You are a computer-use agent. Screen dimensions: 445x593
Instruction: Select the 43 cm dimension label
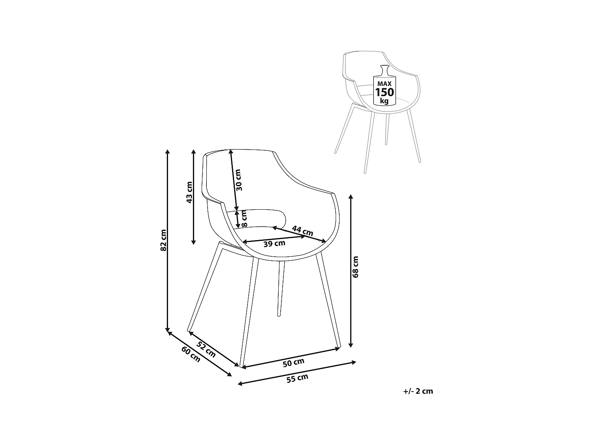click(x=189, y=192)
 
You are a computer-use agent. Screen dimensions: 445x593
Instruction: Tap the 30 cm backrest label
click(x=238, y=180)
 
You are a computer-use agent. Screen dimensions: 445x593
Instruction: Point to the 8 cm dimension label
click(x=244, y=219)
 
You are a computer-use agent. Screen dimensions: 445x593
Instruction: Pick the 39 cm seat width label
click(x=274, y=244)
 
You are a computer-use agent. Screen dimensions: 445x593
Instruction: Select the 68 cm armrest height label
click(x=355, y=267)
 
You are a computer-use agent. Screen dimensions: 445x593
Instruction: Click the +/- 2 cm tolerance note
click(x=418, y=391)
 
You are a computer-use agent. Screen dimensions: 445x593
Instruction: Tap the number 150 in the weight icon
click(x=385, y=93)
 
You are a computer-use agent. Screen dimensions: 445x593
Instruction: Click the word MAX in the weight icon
click(x=384, y=83)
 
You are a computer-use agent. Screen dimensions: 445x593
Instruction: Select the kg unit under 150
click(x=384, y=101)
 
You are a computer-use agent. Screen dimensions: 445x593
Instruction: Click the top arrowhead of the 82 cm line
click(x=168, y=151)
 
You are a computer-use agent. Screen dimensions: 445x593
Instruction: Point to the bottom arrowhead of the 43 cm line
click(x=193, y=242)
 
